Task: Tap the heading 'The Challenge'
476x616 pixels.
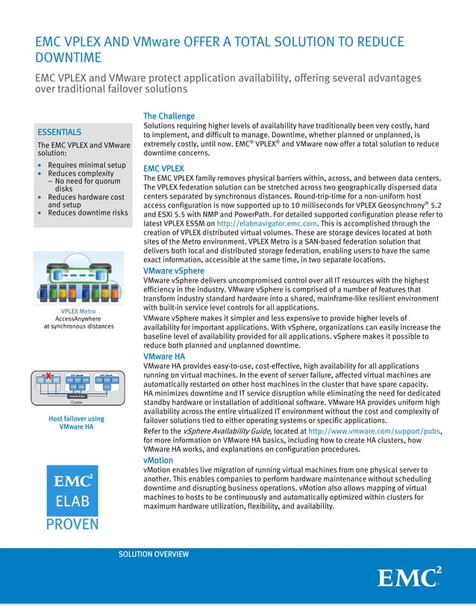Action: pyautogui.click(x=169, y=116)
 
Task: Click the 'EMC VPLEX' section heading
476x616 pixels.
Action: pyautogui.click(x=163, y=169)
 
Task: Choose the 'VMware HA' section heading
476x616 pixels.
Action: pyautogui.click(x=164, y=358)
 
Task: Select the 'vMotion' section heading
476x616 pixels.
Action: pyautogui.click(x=158, y=461)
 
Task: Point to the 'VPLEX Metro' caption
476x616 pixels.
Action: pyautogui.click(x=78, y=309)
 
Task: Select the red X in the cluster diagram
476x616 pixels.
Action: pyautogui.click(x=48, y=374)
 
